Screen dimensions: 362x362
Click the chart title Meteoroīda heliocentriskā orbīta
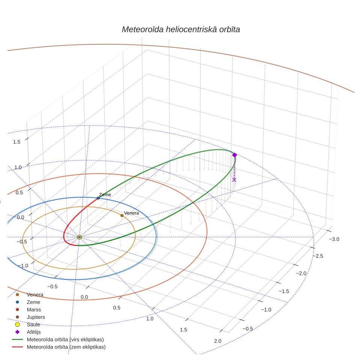pyautogui.click(x=181, y=30)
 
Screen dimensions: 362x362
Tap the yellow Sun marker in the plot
pyautogui.click(x=79, y=237)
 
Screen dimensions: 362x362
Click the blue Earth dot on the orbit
pyautogui.click(x=98, y=198)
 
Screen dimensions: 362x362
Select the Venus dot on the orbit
pyautogui.click(x=122, y=216)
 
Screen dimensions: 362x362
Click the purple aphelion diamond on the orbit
pyautogui.click(x=234, y=155)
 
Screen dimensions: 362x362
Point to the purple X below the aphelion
pyautogui.click(x=234, y=180)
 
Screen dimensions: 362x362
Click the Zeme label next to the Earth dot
pyautogui.click(x=105, y=195)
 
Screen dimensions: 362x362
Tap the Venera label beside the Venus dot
pyautogui.click(x=131, y=213)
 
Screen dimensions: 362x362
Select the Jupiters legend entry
pyautogui.click(x=30, y=317)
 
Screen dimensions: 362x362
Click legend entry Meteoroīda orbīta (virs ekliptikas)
pyautogui.click(x=58, y=339)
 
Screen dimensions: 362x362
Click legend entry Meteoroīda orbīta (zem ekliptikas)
pyautogui.click(x=59, y=347)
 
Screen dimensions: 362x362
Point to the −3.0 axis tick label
pyautogui.click(x=334, y=239)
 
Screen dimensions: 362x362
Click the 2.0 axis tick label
pyautogui.click(x=218, y=341)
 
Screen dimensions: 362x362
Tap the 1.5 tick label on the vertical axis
pyautogui.click(x=17, y=142)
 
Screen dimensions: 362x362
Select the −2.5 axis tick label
pyautogui.click(x=318, y=256)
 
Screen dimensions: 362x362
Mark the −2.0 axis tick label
pyautogui.click(x=301, y=273)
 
